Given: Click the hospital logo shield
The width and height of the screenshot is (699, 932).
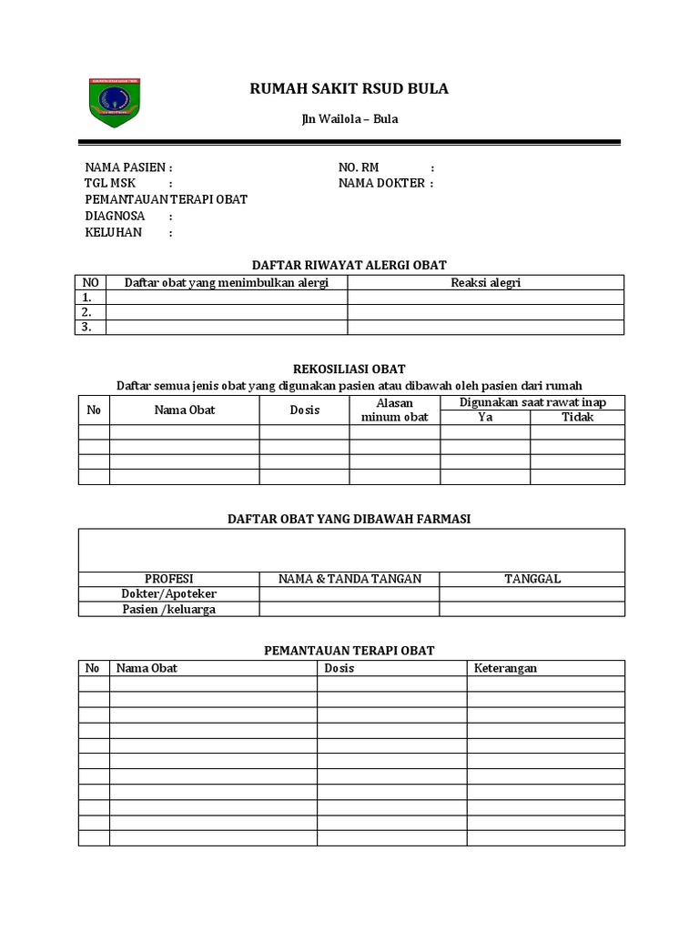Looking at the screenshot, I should (114, 102).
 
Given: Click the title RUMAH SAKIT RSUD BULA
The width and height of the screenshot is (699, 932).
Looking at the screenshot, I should (349, 89).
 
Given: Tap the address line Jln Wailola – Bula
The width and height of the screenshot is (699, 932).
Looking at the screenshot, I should (349, 119).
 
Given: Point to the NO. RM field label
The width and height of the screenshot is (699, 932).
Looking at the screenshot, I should (359, 167).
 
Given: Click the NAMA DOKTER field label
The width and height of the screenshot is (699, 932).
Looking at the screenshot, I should (381, 183).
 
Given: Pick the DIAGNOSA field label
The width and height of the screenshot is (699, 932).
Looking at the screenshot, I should (115, 216).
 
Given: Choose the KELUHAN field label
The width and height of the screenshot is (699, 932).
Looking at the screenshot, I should (114, 232).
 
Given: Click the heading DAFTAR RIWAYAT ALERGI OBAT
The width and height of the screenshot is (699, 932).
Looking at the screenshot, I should (349, 265).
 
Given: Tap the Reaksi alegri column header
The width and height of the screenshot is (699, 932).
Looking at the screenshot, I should (485, 282).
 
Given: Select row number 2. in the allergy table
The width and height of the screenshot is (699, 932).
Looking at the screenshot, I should (88, 312).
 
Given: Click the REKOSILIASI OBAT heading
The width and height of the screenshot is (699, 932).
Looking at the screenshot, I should (349, 370).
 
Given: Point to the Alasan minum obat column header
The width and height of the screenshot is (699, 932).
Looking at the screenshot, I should (395, 410).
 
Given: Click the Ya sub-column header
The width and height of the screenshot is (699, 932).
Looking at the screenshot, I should (485, 417).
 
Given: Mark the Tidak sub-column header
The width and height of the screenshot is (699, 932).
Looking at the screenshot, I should (577, 417).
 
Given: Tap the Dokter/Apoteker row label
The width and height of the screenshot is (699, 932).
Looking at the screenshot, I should (169, 593).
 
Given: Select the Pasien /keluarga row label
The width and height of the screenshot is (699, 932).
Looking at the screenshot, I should (169, 609).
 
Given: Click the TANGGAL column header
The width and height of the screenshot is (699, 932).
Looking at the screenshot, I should (532, 578).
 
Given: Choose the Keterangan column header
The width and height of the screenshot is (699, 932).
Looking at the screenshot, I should (505, 668).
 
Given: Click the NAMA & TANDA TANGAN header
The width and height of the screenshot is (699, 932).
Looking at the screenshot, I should (349, 578).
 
